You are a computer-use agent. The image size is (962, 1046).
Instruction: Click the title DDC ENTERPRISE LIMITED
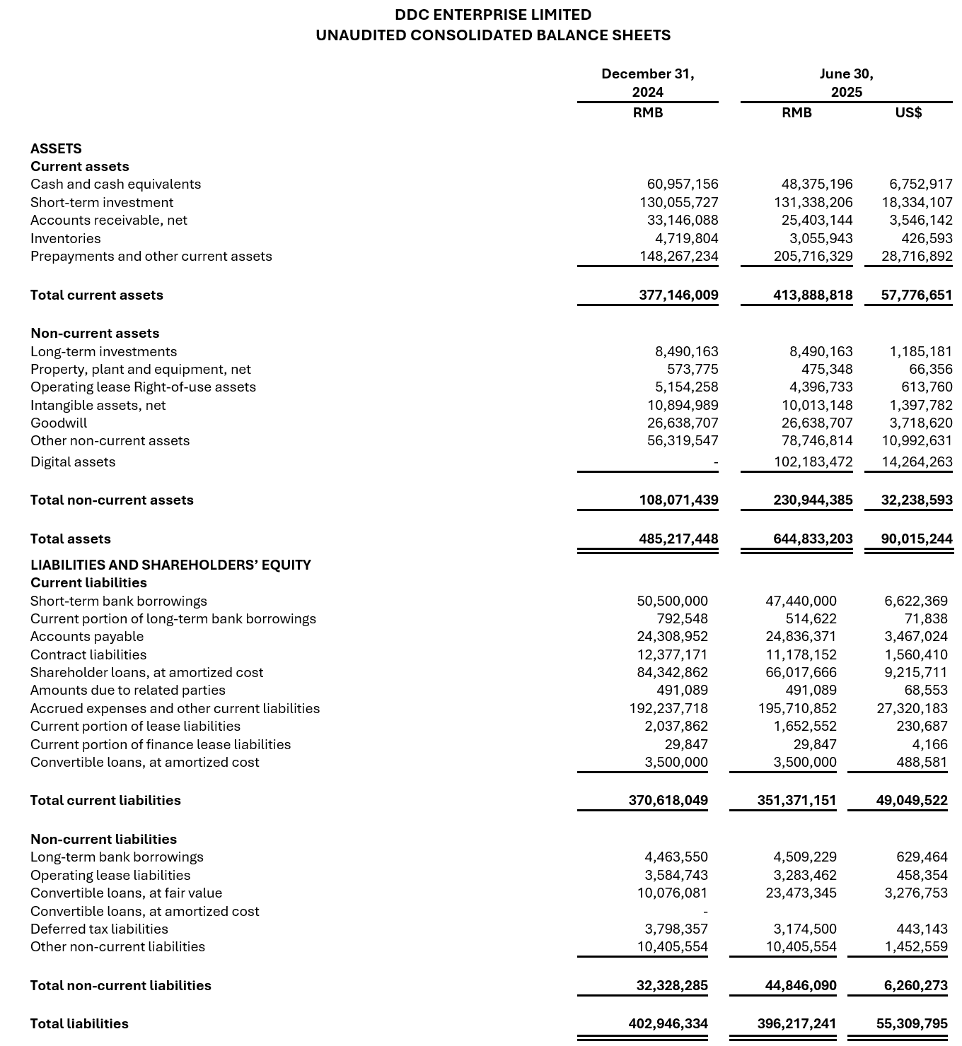(x=492, y=15)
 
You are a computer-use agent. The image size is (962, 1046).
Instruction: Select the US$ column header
(x=908, y=113)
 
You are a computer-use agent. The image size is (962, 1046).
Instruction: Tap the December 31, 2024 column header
(x=647, y=83)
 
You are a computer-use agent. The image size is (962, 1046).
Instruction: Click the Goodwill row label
(x=59, y=423)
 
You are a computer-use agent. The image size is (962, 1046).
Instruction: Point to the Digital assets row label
(x=73, y=462)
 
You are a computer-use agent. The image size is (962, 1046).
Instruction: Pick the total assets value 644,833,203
(x=813, y=539)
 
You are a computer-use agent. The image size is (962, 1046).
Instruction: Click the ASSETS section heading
(x=56, y=149)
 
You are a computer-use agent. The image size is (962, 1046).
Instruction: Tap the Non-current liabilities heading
(x=103, y=840)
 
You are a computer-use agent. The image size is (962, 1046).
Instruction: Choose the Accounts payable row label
(x=87, y=637)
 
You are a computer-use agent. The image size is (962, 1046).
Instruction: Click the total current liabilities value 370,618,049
(x=668, y=801)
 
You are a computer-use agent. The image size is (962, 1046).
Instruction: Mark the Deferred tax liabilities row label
(x=99, y=929)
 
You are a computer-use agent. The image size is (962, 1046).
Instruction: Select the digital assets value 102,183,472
(x=813, y=462)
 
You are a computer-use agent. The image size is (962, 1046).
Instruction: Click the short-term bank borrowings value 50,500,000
(x=672, y=601)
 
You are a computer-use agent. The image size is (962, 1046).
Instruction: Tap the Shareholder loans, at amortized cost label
(x=146, y=673)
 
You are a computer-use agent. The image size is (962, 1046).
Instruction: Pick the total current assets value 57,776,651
(x=917, y=295)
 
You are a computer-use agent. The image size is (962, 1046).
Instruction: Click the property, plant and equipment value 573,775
(x=692, y=370)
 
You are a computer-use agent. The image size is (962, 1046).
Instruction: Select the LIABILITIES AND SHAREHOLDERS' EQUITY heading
(x=170, y=565)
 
